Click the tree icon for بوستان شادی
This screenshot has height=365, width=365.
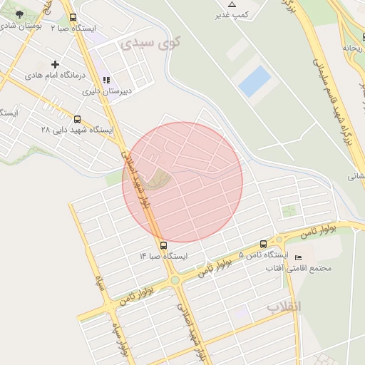tap(19, 14)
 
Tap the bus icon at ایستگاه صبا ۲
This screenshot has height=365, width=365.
tap(73, 18)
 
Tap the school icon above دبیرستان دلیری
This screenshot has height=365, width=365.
tap(107, 81)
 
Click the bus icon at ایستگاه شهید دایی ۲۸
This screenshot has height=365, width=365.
tap(78, 120)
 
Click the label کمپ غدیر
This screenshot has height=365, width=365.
tap(235, 14)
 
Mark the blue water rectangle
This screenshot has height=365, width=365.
tap(255, 81)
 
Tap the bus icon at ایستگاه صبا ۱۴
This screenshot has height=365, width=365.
tap(164, 245)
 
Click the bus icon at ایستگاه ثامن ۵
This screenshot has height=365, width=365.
tap(264, 244)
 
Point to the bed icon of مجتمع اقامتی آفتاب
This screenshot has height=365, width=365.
tap(299, 257)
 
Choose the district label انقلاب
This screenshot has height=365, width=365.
tap(284, 307)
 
